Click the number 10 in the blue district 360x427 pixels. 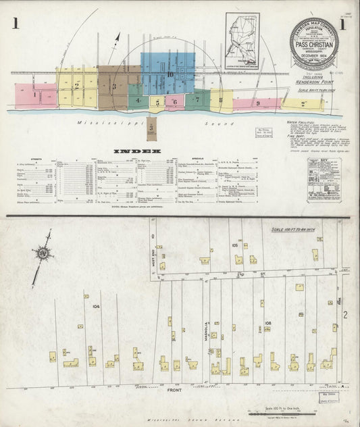(170, 75)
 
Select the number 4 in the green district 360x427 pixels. (137, 100)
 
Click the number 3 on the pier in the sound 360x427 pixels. (151, 127)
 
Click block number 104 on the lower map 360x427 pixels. (97, 306)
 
